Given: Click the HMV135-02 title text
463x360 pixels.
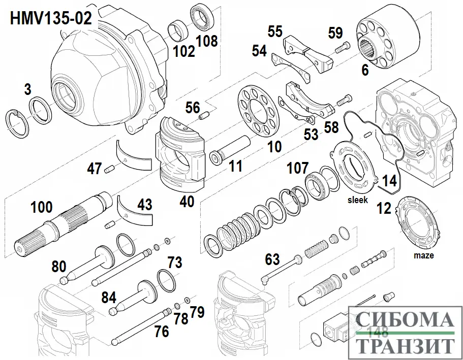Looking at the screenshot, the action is [x=51, y=18].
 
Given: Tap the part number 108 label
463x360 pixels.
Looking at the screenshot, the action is [x=207, y=41].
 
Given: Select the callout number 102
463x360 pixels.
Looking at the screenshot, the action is [x=183, y=51].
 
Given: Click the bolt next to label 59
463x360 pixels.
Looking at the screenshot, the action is [x=343, y=47].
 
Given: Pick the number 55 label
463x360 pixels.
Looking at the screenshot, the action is [x=275, y=31].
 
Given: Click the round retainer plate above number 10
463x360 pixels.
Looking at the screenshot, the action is [x=258, y=112].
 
